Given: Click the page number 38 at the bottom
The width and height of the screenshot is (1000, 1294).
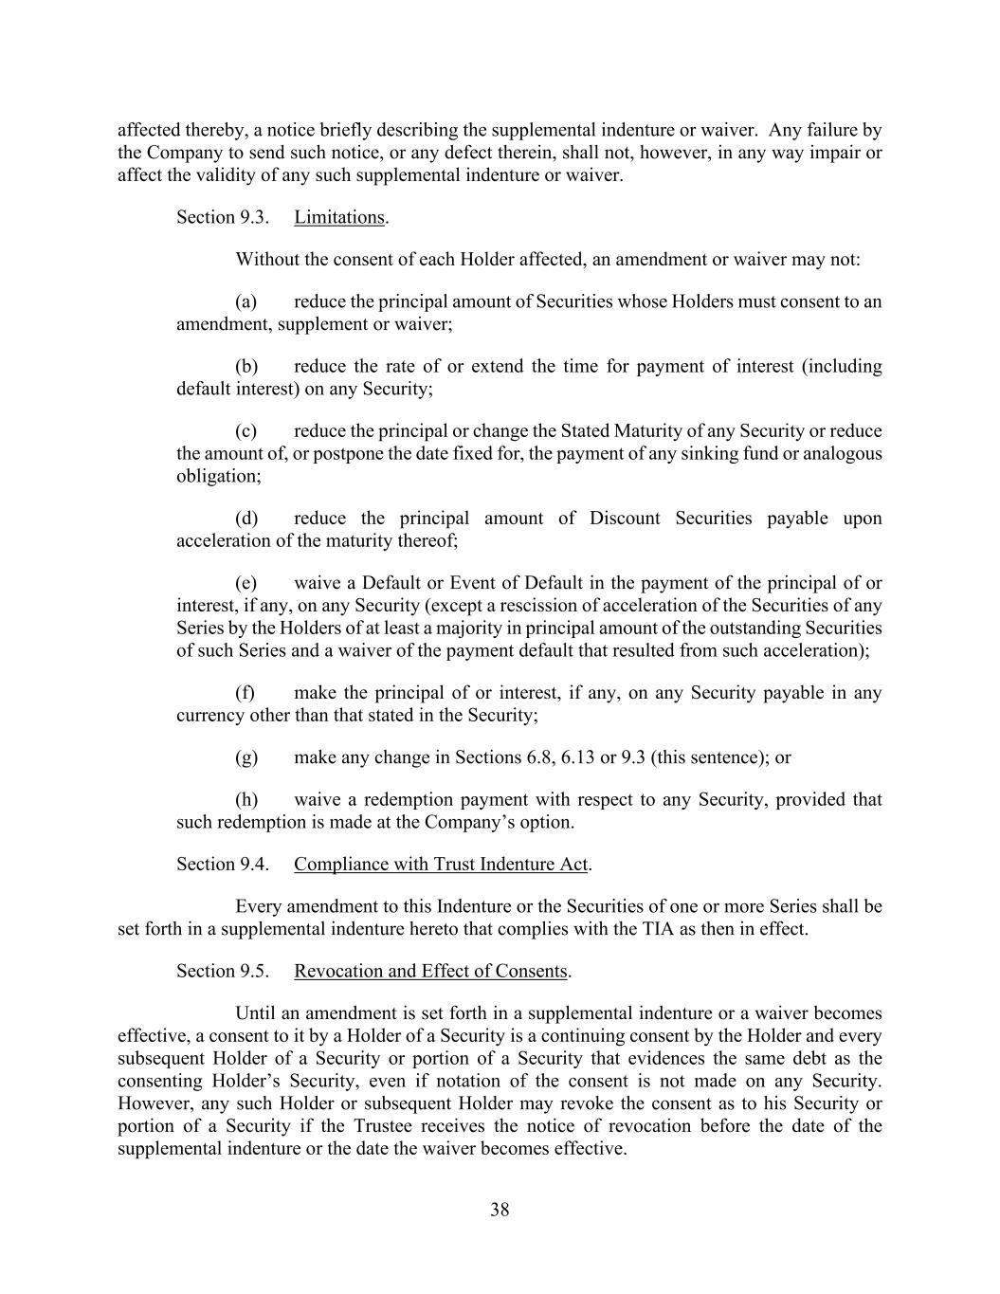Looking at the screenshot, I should click(x=500, y=1210).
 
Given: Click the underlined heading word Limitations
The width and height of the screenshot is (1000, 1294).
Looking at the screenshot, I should click(x=338, y=217).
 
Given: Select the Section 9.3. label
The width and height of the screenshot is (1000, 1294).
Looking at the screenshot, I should click(x=223, y=217).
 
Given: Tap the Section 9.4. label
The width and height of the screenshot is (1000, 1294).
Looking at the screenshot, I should click(x=223, y=864).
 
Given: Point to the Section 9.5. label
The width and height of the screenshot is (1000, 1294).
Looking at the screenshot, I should click(x=223, y=971).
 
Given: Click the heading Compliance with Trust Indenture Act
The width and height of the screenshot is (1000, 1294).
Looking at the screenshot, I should click(x=441, y=864).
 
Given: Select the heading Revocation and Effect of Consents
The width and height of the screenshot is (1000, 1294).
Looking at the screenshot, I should click(x=430, y=971).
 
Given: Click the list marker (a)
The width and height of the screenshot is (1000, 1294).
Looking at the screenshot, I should click(x=246, y=301).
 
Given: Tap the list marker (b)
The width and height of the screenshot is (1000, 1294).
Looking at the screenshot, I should click(x=246, y=366).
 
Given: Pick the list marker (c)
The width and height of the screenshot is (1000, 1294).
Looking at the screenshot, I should click(x=246, y=431).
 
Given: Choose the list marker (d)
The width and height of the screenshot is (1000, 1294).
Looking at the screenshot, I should click(x=246, y=519).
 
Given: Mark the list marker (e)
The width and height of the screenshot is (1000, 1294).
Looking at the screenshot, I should click(x=246, y=583).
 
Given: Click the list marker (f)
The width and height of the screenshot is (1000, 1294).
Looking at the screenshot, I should click(x=245, y=693).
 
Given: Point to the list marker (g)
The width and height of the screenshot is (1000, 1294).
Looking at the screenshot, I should click(x=246, y=757).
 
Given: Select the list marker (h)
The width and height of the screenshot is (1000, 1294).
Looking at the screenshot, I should click(x=246, y=799).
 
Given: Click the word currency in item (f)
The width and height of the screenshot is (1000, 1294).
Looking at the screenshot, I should click(x=210, y=715).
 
